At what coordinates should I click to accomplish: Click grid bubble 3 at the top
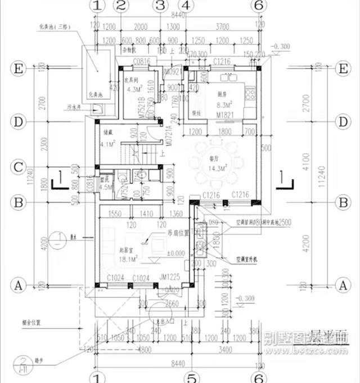(x=160, y=6)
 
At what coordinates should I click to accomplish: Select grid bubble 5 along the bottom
(x=192, y=377)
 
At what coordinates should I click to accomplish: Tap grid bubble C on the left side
(x=19, y=167)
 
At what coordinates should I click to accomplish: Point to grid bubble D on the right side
(x=341, y=122)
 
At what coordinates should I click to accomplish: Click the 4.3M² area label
(x=135, y=89)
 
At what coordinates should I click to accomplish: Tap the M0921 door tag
(x=170, y=72)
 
